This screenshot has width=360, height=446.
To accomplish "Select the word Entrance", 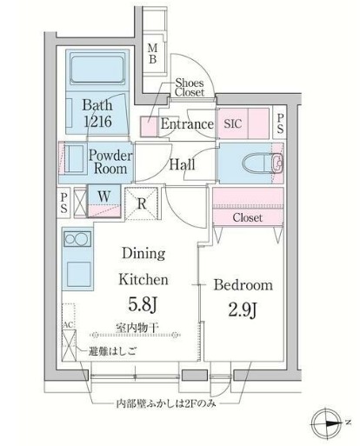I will (186, 124).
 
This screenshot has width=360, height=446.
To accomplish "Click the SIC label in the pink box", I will (233, 124).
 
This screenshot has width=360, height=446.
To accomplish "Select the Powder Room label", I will (110, 162).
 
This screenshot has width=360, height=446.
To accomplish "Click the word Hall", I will (182, 165).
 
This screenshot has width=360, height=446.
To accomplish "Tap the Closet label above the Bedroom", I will (247, 217).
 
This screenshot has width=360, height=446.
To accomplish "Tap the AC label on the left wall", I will (67, 326).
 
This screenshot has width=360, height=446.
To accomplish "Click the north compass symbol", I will (331, 421).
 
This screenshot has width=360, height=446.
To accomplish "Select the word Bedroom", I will (244, 285).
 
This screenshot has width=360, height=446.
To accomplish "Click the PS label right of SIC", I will (280, 123).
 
